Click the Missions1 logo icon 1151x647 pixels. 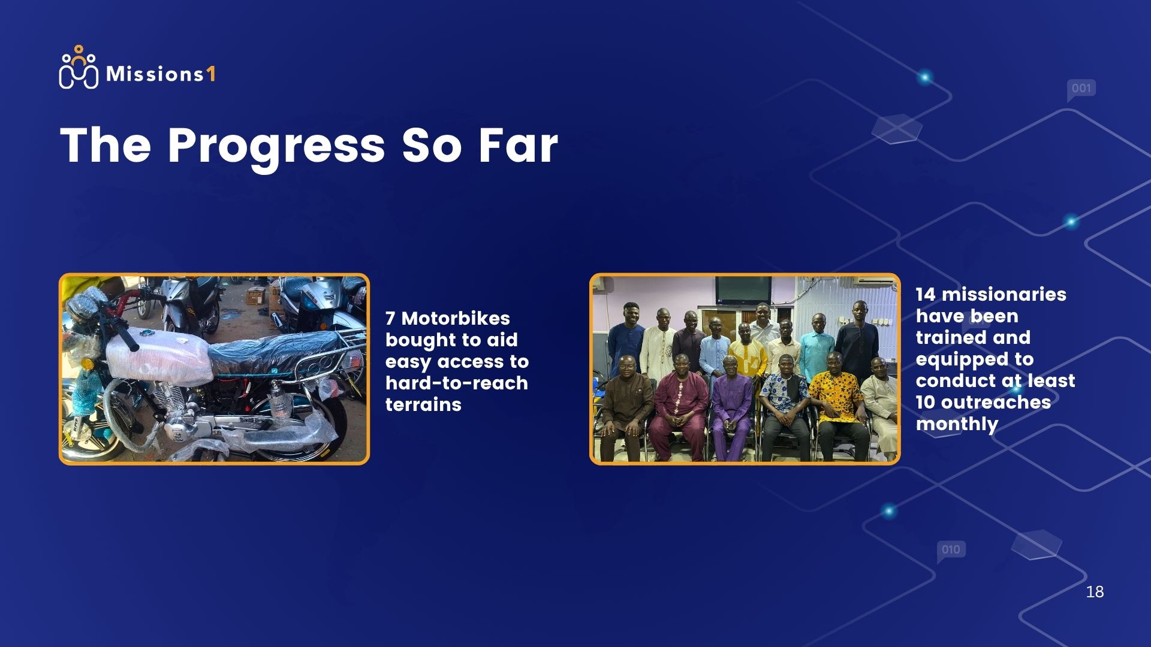[79, 67]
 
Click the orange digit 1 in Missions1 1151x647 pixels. [210, 74]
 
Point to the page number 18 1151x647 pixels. [1095, 592]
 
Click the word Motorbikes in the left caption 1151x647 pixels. [456, 318]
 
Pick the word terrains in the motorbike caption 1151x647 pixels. [423, 404]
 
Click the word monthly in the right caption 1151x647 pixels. [957, 424]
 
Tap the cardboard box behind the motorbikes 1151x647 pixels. [257, 295]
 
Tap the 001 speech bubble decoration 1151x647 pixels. [1081, 90]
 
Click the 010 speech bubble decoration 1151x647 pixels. [951, 551]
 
